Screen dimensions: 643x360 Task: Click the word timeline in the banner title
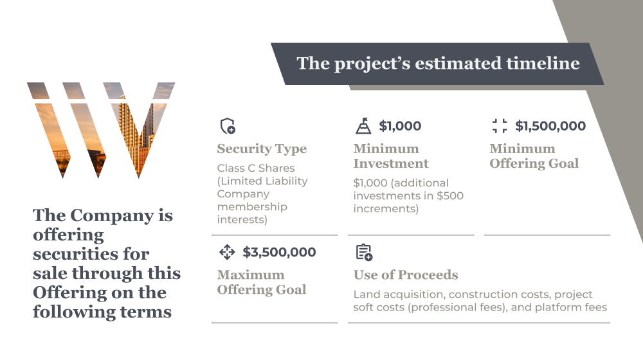[543, 63]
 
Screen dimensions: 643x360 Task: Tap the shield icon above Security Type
[228, 126]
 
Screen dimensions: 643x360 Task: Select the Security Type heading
[262, 149]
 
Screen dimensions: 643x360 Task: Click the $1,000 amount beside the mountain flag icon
[400, 126]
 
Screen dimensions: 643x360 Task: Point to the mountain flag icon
[363, 126]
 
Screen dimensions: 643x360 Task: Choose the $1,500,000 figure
[550, 126]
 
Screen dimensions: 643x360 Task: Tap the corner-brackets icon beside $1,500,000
[500, 126]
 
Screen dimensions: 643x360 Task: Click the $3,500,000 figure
[279, 252]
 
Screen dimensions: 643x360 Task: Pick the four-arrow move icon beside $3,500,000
[227, 252]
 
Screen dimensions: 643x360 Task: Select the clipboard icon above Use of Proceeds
[364, 253]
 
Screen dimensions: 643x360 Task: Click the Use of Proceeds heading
[406, 274]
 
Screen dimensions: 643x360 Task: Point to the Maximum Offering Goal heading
[262, 282]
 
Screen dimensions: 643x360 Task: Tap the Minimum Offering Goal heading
[534, 156]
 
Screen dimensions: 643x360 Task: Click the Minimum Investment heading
[391, 156]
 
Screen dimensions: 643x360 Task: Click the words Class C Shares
[256, 168]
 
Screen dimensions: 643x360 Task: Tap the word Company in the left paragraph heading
[112, 216]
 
